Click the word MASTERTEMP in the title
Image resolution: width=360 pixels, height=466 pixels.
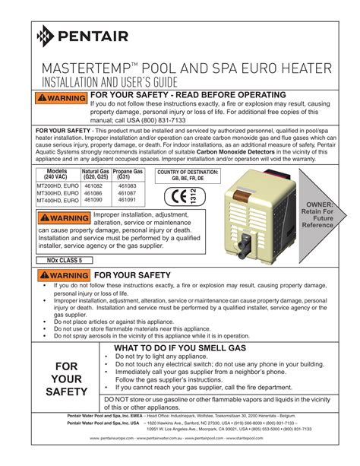[x=90, y=67]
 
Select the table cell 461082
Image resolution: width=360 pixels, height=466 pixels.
[x=94, y=185]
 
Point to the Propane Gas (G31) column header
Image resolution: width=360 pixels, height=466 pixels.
[x=128, y=175]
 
